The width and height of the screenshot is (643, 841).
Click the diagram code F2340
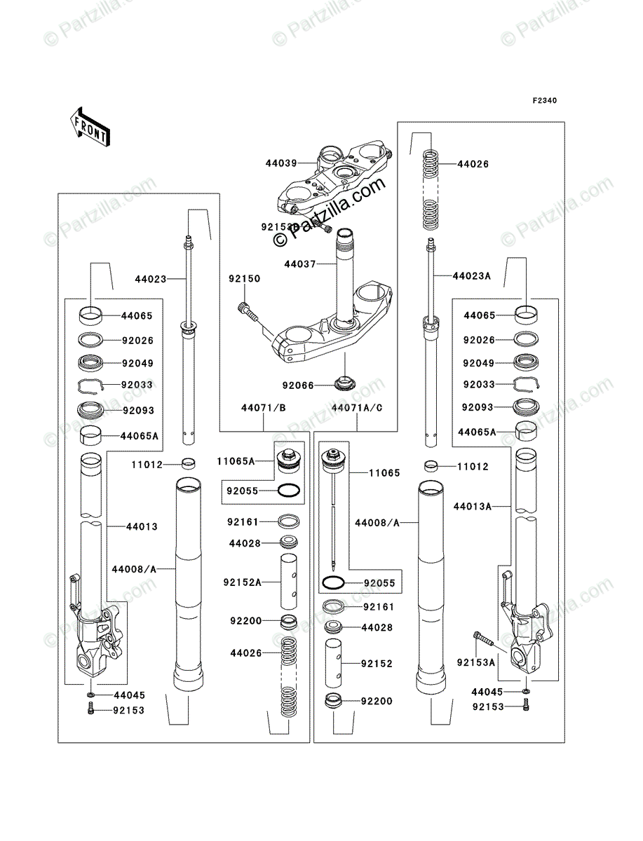(x=543, y=101)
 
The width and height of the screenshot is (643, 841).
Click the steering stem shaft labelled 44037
(x=346, y=273)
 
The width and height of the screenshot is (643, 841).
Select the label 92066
(x=297, y=385)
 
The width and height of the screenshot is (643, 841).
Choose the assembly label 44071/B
(x=262, y=407)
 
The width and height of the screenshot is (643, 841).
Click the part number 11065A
(x=235, y=461)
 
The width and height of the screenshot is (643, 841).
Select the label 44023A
(x=471, y=276)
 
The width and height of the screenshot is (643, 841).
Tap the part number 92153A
(x=476, y=662)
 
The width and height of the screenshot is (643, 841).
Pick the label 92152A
(x=243, y=581)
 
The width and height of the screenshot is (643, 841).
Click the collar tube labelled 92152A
(x=289, y=582)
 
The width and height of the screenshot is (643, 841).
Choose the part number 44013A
(x=471, y=505)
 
